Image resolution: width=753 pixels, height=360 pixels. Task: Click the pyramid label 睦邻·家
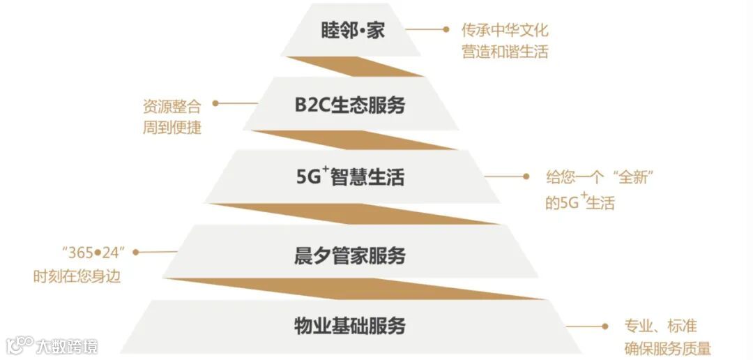point(353,31)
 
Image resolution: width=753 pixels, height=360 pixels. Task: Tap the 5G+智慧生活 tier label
point(350,177)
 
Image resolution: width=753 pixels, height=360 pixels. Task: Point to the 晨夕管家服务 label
point(350,255)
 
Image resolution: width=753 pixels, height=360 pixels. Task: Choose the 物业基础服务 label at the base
point(350,326)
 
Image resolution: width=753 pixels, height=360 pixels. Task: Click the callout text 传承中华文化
point(505,31)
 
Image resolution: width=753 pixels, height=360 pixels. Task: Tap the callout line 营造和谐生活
point(505,52)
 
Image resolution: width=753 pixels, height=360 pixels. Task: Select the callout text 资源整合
point(172,107)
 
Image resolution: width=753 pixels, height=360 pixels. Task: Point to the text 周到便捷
point(172,128)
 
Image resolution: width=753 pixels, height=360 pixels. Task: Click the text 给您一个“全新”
point(602,177)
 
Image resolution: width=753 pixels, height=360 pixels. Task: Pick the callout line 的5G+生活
point(579,202)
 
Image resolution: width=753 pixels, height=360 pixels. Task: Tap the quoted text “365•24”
point(89,253)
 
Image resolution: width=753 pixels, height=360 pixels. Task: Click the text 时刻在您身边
point(77,276)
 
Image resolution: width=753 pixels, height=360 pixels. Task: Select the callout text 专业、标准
point(660,326)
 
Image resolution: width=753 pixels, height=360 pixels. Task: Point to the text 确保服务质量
point(667,348)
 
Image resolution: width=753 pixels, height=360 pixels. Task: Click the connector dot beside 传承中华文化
point(446,29)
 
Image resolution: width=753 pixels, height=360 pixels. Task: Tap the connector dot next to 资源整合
point(215,103)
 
